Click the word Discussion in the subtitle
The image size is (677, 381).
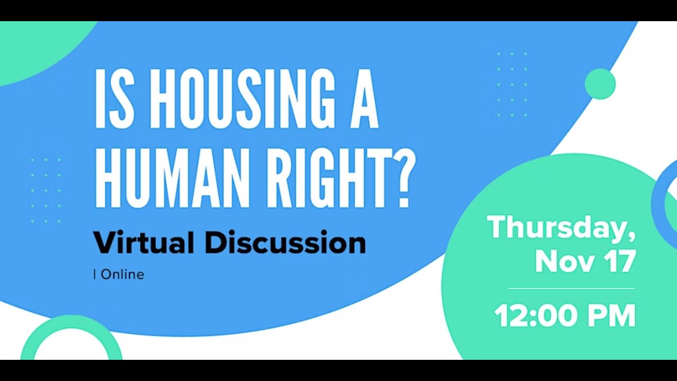pyautogui.click(x=285, y=242)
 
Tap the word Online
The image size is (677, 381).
pyautogui.click(x=122, y=274)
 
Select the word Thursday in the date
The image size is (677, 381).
pyautogui.click(x=556, y=228)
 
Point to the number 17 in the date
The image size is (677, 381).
pyautogui.click(x=619, y=261)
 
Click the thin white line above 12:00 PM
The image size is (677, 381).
pyautogui.click(x=571, y=288)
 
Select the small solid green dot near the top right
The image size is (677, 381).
pyautogui.click(x=600, y=84)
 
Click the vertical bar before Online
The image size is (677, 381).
pyautogui.click(x=95, y=274)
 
